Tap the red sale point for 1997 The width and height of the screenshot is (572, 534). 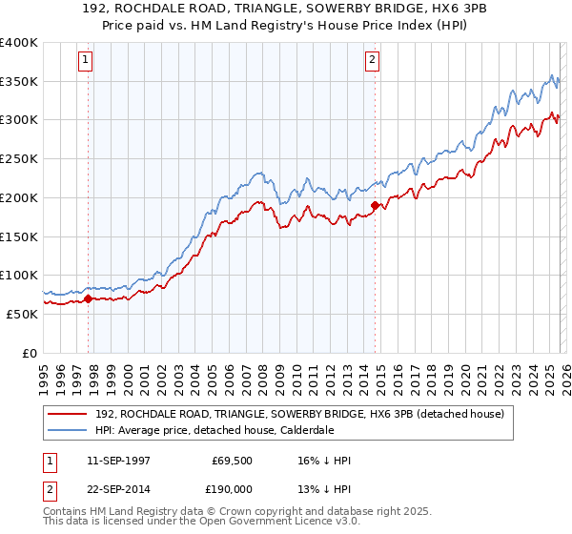point(89,298)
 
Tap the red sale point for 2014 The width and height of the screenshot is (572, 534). point(376,205)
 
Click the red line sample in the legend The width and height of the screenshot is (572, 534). point(70,414)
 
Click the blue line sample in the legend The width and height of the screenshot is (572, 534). point(70,430)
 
